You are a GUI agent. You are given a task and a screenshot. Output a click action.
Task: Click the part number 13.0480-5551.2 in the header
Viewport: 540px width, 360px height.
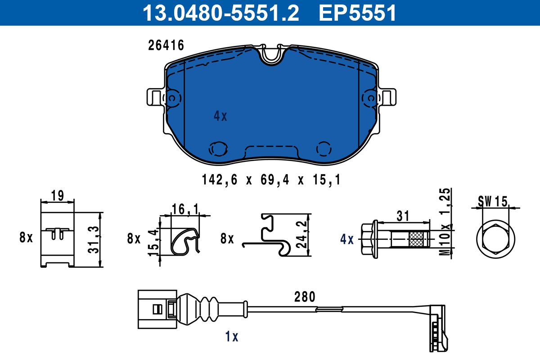point(221,13)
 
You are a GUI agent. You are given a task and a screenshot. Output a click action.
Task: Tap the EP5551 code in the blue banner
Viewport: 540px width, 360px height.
point(357,13)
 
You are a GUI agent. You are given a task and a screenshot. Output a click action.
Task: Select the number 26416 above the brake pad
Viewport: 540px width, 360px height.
point(166,45)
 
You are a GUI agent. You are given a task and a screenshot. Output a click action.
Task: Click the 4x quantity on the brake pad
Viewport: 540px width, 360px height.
point(220,116)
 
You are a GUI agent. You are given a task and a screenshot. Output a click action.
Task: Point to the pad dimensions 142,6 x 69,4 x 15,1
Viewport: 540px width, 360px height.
point(271,180)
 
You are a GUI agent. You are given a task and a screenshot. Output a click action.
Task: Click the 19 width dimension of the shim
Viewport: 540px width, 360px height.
point(58,196)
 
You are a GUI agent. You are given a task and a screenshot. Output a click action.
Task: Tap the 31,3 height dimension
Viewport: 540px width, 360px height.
point(94,240)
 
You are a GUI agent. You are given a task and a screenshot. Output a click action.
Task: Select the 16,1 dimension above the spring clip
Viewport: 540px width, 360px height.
point(185,209)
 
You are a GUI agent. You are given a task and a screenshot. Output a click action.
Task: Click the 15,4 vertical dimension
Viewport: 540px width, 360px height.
point(153,243)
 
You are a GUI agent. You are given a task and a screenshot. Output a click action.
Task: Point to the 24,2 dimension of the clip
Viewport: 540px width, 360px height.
point(301,234)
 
